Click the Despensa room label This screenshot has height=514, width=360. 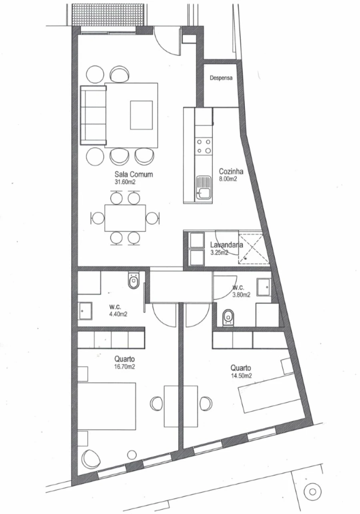[x=221, y=78]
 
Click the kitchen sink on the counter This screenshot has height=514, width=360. [x=204, y=187]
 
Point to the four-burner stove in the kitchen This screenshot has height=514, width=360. [x=204, y=146]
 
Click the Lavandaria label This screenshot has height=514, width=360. [x=224, y=245]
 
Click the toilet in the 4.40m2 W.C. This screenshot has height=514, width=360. [x=133, y=282]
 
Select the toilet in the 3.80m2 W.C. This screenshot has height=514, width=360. [x=228, y=317]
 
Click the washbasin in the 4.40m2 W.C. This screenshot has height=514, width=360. [x=86, y=311]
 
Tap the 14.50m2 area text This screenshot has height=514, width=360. [x=242, y=376]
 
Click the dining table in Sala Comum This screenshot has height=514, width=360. [x=125, y=218]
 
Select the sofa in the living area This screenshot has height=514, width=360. [x=93, y=115]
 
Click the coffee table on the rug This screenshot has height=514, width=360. [x=141, y=115]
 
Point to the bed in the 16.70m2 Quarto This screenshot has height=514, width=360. [x=107, y=406]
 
